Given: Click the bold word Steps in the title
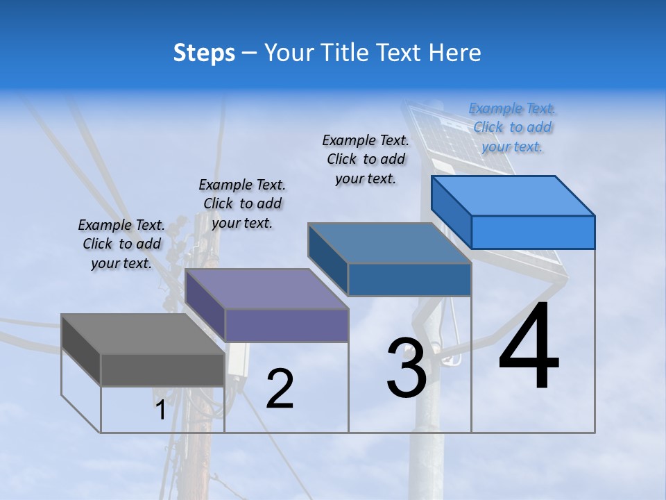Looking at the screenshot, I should coord(204,53).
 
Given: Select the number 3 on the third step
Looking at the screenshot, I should coord(407,368).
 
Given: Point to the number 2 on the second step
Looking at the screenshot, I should coord(280,389).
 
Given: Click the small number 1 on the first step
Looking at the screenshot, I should coord(160,410).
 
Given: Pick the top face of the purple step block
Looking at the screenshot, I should coord(267,289).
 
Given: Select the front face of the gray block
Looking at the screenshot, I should coord(163,369).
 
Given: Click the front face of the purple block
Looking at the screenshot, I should coord(287,325).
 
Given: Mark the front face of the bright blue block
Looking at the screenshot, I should coord(533,232).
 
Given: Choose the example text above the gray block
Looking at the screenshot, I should coord(121,244).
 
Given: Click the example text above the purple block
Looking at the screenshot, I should coord(242,203).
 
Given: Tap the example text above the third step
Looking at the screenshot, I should coord(366,159).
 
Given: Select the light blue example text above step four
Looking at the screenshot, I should coord(512,127).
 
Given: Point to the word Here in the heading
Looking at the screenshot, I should coord(455,53).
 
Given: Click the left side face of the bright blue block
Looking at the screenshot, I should coord(451,212).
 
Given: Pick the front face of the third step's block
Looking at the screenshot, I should coord(409,279).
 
